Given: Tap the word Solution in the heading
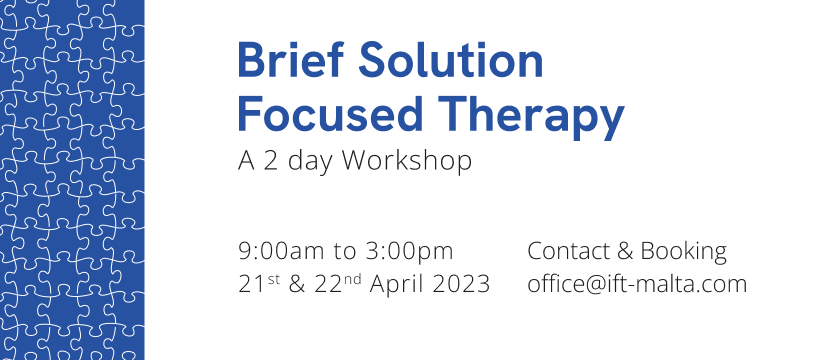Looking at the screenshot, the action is (x=451, y=60).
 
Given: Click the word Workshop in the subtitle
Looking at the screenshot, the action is (x=407, y=161).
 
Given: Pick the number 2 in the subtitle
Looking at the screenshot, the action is (x=270, y=161).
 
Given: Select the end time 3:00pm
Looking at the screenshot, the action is (x=409, y=252).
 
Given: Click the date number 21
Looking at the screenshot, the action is (x=252, y=284).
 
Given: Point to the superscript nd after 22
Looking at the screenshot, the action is (x=352, y=279).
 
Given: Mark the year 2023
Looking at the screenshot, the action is (x=461, y=284).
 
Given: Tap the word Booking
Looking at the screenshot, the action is (x=684, y=252).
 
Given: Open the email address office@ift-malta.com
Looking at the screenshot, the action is (x=637, y=284).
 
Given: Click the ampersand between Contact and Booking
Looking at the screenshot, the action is (x=625, y=251).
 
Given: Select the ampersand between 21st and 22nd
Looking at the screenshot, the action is (x=297, y=284).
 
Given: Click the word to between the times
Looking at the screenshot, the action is (x=345, y=252).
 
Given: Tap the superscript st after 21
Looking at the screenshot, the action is (x=274, y=279).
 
